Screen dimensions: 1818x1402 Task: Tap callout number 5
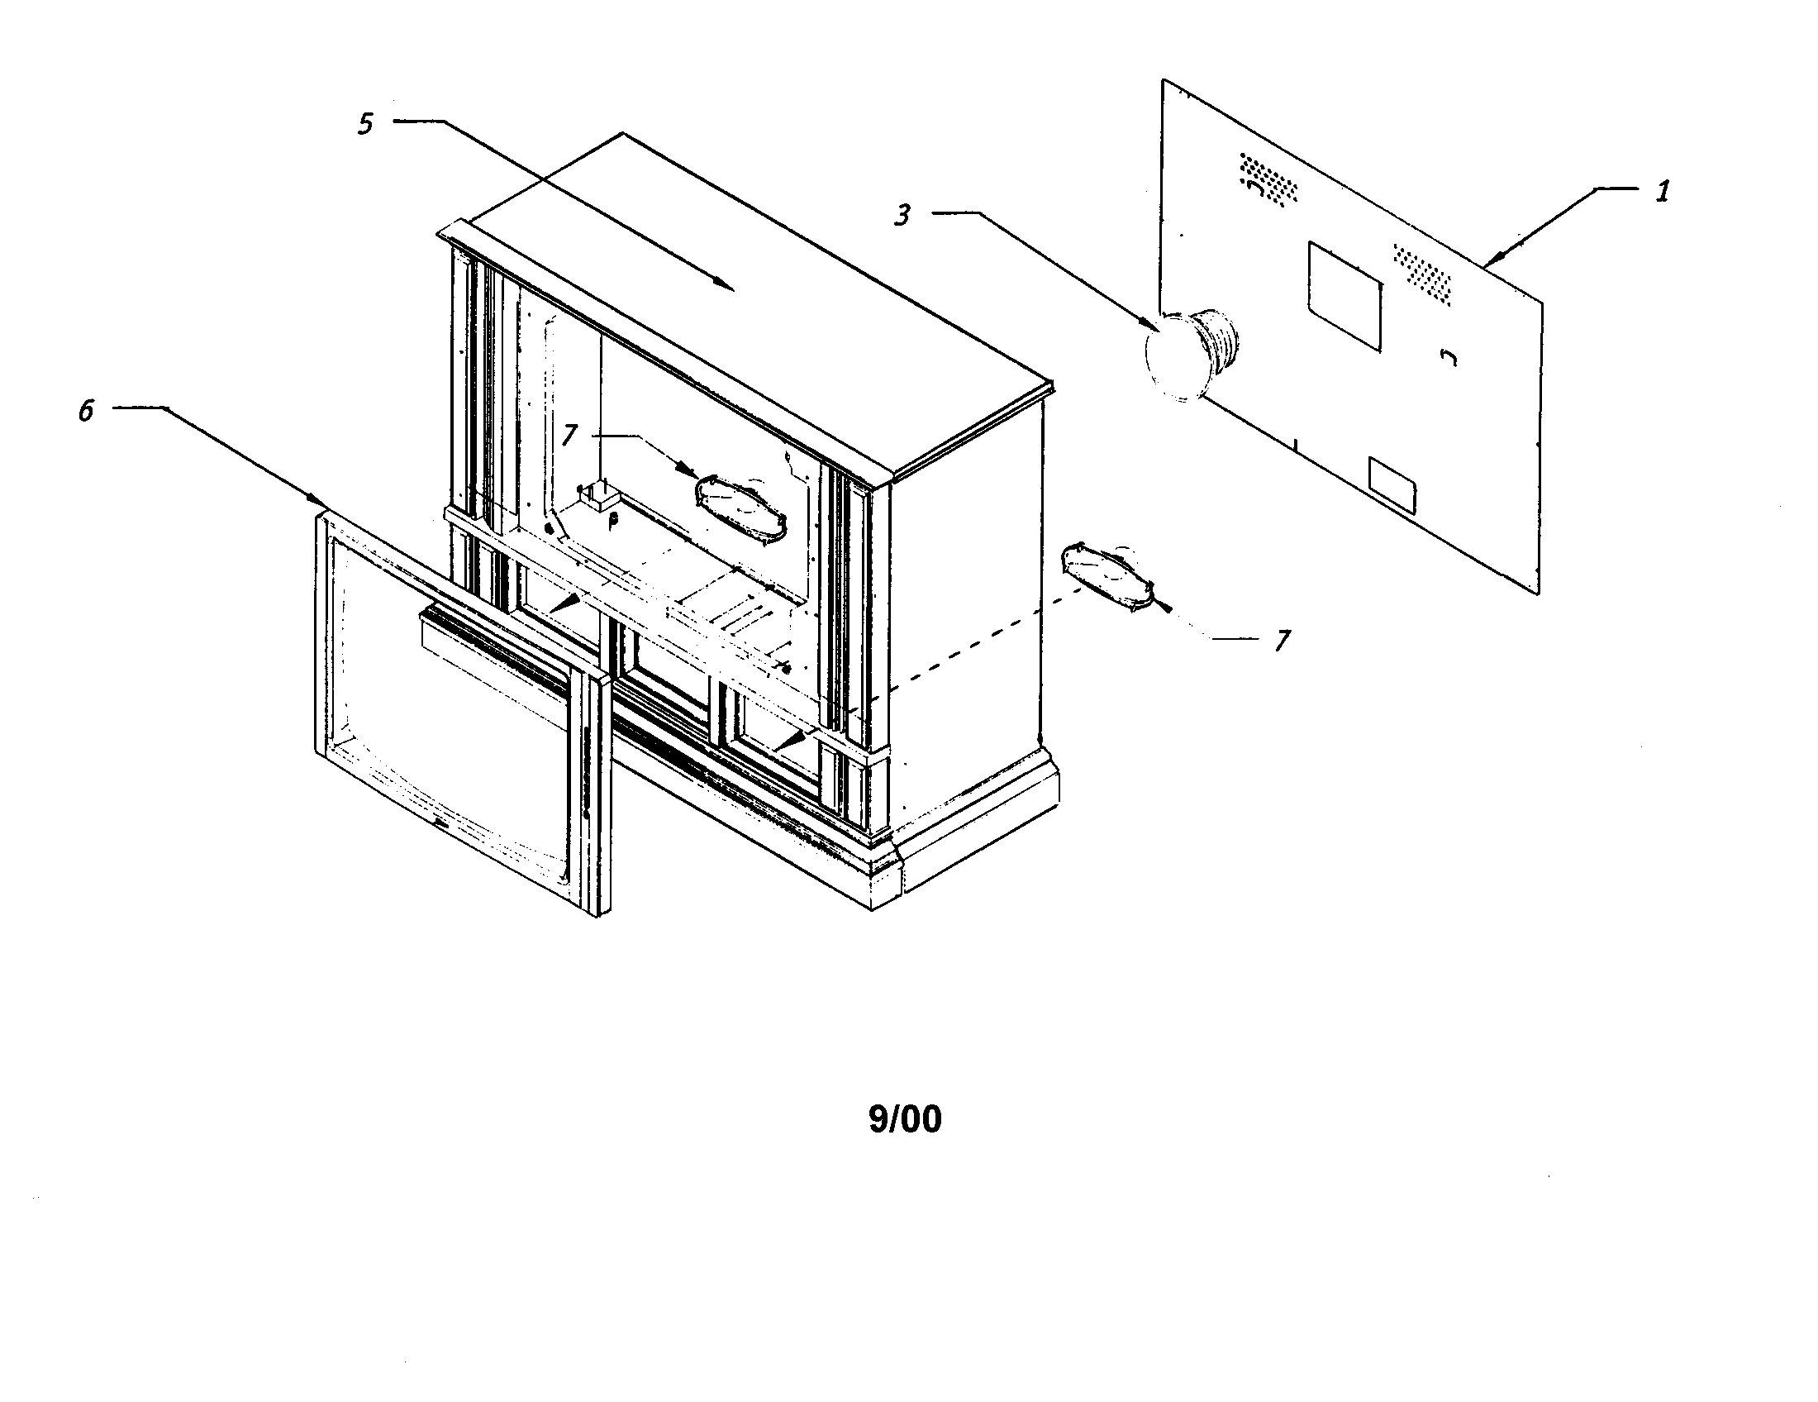point(365,124)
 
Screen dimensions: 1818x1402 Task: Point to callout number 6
point(86,411)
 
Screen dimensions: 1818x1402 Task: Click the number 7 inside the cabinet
point(569,435)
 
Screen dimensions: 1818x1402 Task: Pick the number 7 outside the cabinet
point(1282,640)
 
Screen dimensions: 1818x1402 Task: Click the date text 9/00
point(905,1120)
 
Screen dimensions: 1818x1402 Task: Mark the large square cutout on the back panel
point(1344,296)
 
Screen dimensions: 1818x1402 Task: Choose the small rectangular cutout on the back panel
point(1392,484)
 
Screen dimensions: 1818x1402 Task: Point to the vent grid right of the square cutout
point(1425,273)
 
